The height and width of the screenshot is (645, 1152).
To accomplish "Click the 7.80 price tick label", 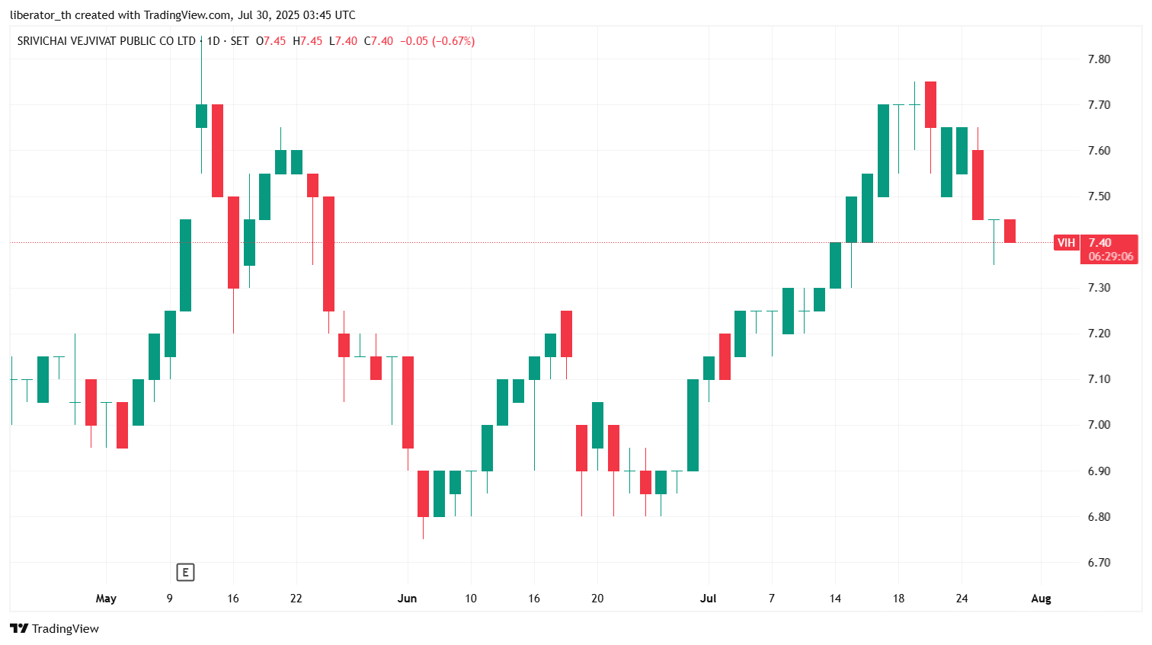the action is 1099,59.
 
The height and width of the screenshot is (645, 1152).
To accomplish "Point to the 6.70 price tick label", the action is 1099,563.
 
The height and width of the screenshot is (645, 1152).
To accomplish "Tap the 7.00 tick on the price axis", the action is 1099,425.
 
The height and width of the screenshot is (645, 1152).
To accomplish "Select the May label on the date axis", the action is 106,599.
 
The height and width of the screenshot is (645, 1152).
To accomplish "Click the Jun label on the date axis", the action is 407,599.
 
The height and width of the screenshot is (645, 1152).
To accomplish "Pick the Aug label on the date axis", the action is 1042,599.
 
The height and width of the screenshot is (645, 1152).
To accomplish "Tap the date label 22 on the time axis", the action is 296,599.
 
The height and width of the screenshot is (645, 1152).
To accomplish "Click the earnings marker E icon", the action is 185,572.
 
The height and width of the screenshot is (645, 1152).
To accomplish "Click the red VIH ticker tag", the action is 1066,243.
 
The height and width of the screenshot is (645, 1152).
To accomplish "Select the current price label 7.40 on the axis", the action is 1099,243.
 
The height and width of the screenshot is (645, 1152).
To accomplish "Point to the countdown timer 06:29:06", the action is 1111,257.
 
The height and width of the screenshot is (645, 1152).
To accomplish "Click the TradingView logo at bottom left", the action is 55,628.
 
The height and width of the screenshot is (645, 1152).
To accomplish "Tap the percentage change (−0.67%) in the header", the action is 453,41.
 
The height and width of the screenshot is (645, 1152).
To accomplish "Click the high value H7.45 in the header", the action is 308,41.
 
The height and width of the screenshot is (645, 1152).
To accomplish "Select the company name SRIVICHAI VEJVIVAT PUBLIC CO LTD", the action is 107,41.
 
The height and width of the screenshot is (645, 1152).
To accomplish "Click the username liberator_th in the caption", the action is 40,15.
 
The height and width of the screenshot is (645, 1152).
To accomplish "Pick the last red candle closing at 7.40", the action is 1010,231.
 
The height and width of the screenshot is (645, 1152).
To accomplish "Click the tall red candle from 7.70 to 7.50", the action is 218,151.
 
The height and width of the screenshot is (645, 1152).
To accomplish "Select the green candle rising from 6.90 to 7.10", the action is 693,425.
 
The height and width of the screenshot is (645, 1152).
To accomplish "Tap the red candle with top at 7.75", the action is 930,104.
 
